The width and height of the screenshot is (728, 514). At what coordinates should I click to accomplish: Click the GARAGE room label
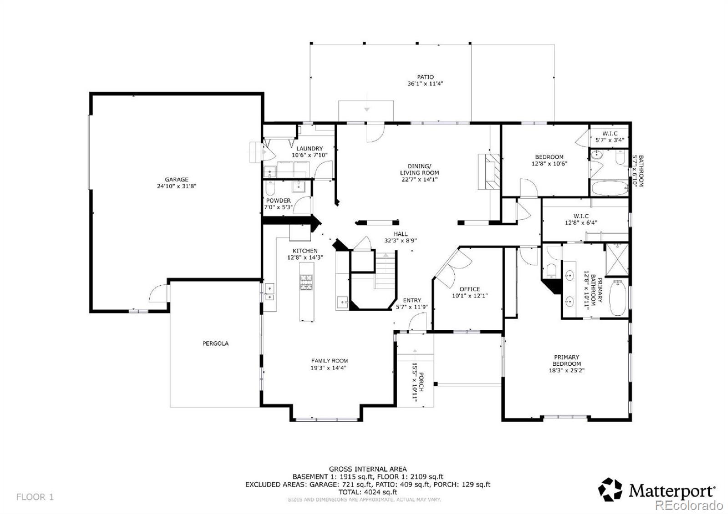click(177, 180)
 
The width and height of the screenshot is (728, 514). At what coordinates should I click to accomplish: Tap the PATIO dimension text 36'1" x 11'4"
click(425, 84)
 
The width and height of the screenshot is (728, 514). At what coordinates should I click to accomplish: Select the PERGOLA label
click(216, 343)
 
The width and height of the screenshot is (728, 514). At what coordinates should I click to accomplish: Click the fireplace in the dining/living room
click(490, 171)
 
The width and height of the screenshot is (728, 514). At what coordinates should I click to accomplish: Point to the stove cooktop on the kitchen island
click(306, 282)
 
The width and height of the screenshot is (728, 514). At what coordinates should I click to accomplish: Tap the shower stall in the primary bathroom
click(617, 259)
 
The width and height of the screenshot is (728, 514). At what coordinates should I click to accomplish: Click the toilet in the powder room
click(270, 188)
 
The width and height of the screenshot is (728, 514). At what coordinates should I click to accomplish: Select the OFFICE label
click(470, 289)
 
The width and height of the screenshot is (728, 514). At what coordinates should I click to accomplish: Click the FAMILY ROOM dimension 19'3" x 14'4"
click(329, 368)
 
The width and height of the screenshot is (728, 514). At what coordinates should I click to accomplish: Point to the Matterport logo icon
click(610, 489)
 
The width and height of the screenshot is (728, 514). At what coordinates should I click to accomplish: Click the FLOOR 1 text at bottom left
click(35, 497)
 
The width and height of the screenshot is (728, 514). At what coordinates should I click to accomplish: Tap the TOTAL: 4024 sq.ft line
click(368, 492)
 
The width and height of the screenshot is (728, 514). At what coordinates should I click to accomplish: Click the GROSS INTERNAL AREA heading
click(368, 469)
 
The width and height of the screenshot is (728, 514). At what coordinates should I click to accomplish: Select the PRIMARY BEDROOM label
click(566, 360)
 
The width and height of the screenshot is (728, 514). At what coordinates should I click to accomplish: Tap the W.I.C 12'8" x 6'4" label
click(581, 219)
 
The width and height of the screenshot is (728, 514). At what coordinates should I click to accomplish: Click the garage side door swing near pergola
click(158, 292)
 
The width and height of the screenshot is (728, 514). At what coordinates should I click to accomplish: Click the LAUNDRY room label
click(309, 148)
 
